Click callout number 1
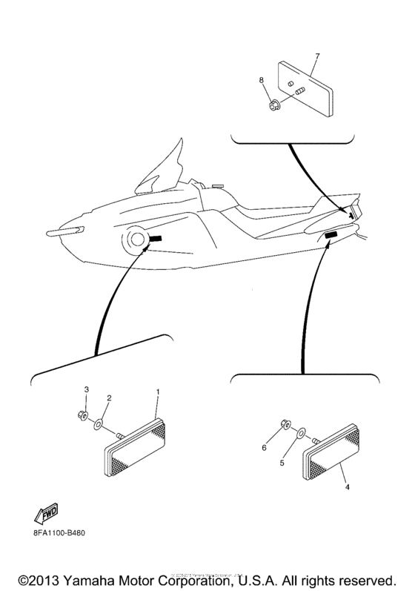[x=156, y=390]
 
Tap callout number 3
[x=85, y=389]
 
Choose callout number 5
[x=281, y=462]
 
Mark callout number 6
[x=263, y=448]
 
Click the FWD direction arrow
[x=46, y=511]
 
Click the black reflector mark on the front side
[x=157, y=238]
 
